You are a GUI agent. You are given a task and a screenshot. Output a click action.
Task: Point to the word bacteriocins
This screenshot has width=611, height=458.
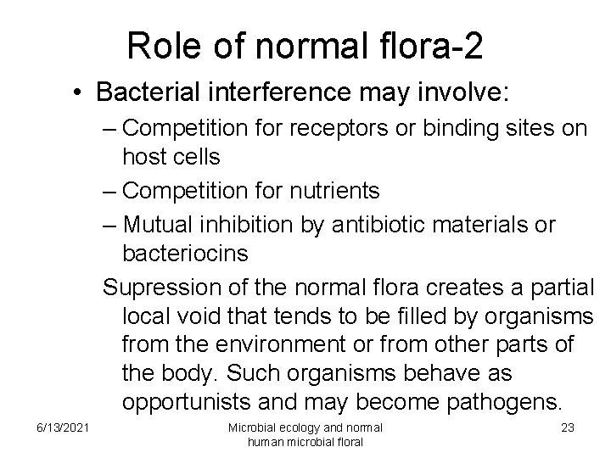pyautogui.click(x=186, y=254)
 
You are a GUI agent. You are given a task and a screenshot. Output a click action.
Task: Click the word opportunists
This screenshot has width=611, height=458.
pyautogui.click(x=193, y=399)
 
